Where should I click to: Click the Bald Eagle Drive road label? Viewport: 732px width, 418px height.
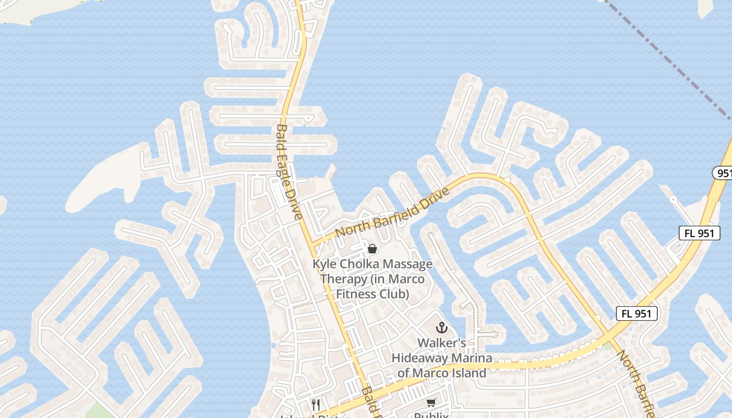pos(289,172)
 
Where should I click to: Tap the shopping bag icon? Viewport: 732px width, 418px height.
pos(372,249)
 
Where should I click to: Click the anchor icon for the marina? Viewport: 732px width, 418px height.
pos(442,328)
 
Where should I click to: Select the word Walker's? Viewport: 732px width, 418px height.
pos(442,343)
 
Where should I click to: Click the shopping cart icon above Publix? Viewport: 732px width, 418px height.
pos(431,402)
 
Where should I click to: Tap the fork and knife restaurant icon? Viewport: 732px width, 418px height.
pos(315,404)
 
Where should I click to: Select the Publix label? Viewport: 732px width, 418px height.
pos(431,415)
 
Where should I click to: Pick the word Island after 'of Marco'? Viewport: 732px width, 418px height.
pos(467,373)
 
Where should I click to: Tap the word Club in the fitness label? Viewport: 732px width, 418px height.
pos(396,294)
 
